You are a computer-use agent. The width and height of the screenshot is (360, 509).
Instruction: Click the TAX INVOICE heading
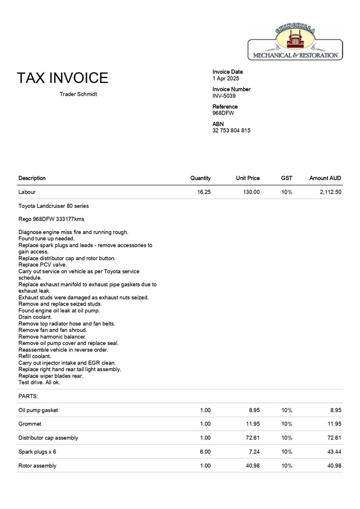(62, 78)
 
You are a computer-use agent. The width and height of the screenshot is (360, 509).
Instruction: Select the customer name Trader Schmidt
(78, 95)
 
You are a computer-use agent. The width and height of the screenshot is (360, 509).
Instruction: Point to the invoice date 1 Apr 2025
(226, 79)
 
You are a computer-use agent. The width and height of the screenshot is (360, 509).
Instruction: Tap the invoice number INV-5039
(224, 96)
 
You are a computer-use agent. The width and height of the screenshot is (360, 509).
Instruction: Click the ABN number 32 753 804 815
(231, 130)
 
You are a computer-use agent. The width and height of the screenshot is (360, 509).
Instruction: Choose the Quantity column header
(200, 178)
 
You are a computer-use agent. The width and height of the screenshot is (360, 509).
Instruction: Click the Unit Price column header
(248, 178)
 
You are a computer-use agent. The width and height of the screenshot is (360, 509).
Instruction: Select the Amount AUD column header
(325, 178)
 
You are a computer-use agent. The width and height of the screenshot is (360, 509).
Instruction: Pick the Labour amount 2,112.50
(330, 192)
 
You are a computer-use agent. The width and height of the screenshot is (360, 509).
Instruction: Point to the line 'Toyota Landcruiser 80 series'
(54, 206)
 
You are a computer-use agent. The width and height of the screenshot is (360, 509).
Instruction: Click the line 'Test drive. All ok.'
(40, 382)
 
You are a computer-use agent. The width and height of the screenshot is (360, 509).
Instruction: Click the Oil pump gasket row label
(38, 410)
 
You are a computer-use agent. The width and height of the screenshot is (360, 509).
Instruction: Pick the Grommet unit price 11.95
(252, 424)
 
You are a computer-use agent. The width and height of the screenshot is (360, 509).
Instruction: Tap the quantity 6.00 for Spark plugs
(205, 452)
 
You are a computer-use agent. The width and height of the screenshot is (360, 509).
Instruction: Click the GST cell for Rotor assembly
(287, 466)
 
